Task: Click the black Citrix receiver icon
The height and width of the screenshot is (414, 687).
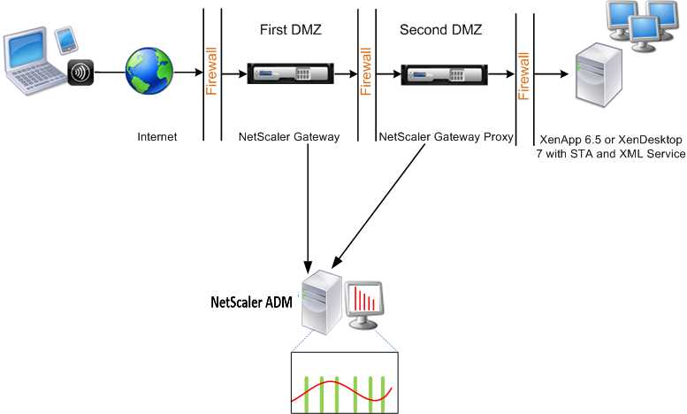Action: [x=80, y=73]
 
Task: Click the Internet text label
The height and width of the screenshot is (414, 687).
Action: [x=157, y=137]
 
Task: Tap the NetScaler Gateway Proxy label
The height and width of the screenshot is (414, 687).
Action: [x=446, y=138]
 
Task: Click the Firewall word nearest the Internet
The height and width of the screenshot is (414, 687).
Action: [x=212, y=73]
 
